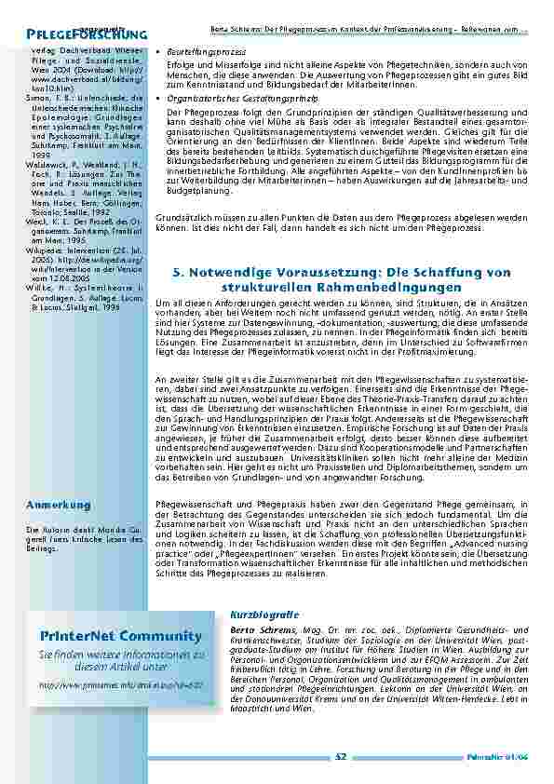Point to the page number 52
pyautogui.click(x=340, y=758)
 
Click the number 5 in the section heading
pyautogui.click(x=177, y=272)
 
